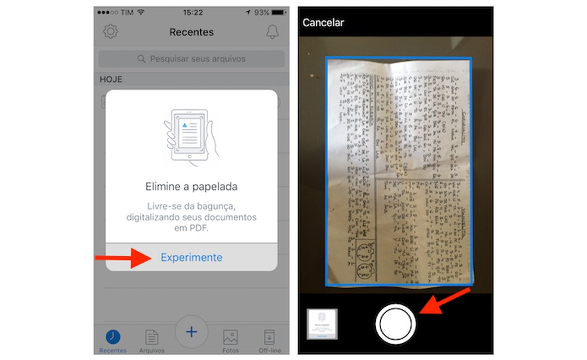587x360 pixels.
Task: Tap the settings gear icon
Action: [110, 32]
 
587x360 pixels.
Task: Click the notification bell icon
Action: [273, 32]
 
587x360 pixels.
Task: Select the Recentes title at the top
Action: [191, 32]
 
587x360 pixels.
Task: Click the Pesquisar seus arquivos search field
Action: [191, 59]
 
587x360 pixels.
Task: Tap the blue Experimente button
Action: [191, 257]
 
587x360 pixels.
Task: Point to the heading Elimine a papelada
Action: [191, 186]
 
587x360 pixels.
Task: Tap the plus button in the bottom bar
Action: [191, 331]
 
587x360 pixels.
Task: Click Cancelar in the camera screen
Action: [323, 23]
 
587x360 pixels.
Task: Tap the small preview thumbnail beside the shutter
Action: [322, 324]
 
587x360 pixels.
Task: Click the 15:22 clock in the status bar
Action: [192, 12]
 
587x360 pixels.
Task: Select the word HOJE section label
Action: [111, 79]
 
